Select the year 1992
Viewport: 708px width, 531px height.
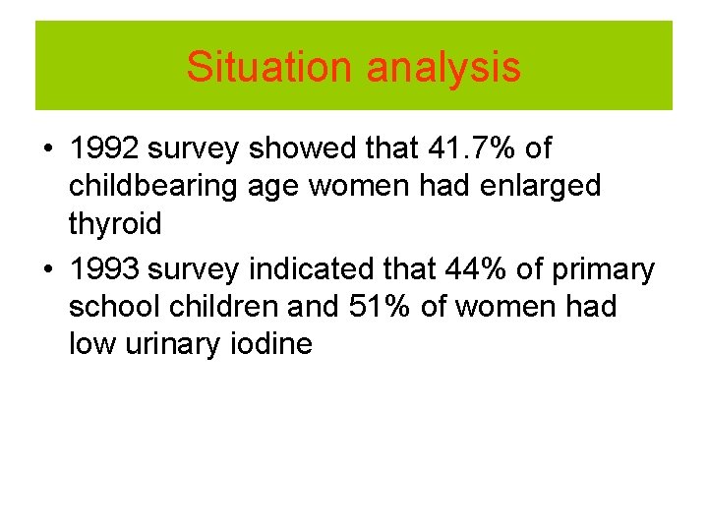coord(105,149)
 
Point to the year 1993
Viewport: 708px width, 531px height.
coord(105,268)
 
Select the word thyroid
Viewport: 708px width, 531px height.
coord(115,224)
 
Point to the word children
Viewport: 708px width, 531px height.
coord(221,307)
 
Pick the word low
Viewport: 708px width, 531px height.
coord(90,344)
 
